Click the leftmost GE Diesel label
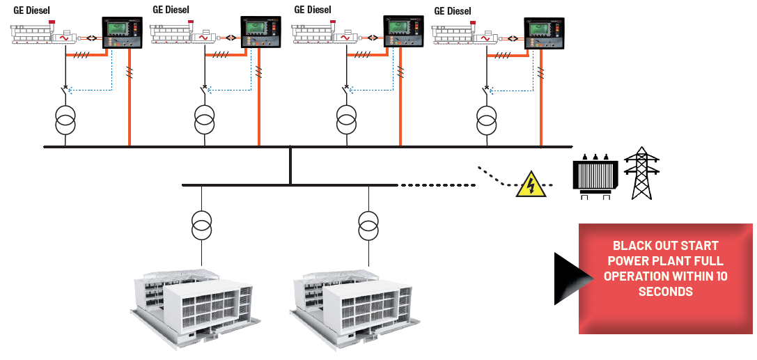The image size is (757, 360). (32, 10)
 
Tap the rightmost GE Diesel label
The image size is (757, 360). (453, 12)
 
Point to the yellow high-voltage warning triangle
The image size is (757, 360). (530, 185)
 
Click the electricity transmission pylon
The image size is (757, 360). (641, 173)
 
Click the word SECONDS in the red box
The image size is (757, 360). (665, 292)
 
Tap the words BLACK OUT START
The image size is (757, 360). (665, 246)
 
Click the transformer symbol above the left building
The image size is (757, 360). (201, 224)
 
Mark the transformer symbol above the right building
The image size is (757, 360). (368, 224)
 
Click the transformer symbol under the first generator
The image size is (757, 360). (65, 120)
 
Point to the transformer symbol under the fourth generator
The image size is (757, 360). (487, 120)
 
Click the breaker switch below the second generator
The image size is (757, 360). (205, 91)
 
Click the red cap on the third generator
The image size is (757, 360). (334, 22)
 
